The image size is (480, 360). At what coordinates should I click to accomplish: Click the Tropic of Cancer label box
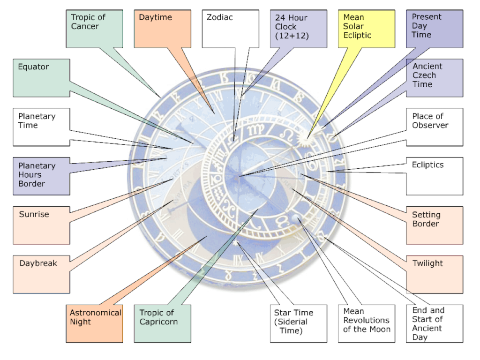click(94, 29)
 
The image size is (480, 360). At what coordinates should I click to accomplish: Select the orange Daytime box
click(163, 29)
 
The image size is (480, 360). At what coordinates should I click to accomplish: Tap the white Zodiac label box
click(231, 29)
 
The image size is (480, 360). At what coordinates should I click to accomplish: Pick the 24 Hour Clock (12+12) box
click(299, 29)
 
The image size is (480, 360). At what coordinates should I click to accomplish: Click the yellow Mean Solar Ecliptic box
click(367, 29)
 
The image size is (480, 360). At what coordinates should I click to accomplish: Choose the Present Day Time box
click(435, 29)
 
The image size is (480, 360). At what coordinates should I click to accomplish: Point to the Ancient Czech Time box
click(435, 78)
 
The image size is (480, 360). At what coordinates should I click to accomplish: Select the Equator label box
click(41, 78)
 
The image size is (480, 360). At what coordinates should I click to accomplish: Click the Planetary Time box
click(41, 127)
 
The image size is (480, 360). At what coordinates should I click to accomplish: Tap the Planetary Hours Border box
click(41, 176)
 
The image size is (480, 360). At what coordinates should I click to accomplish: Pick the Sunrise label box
click(41, 225)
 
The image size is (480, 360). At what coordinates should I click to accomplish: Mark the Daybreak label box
click(41, 275)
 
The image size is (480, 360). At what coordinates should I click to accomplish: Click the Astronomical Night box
click(94, 323)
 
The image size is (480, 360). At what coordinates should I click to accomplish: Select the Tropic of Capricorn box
click(163, 323)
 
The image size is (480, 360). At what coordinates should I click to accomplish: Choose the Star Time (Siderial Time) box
click(299, 323)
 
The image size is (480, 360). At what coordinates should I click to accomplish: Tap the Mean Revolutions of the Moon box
click(367, 323)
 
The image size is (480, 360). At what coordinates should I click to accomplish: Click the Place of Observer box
click(435, 127)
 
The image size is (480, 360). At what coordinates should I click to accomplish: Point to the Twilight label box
click(435, 275)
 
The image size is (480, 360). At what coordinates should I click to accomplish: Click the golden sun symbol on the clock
click(307, 138)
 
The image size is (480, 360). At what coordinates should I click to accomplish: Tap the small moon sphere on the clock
click(296, 218)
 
